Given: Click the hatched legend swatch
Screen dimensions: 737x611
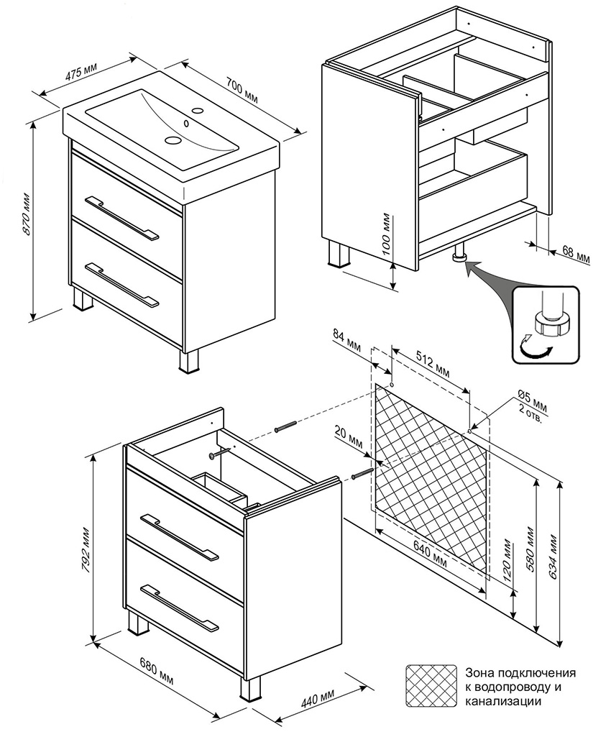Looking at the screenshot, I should click(431, 686).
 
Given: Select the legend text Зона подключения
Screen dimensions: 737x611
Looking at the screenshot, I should click(520, 674).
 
